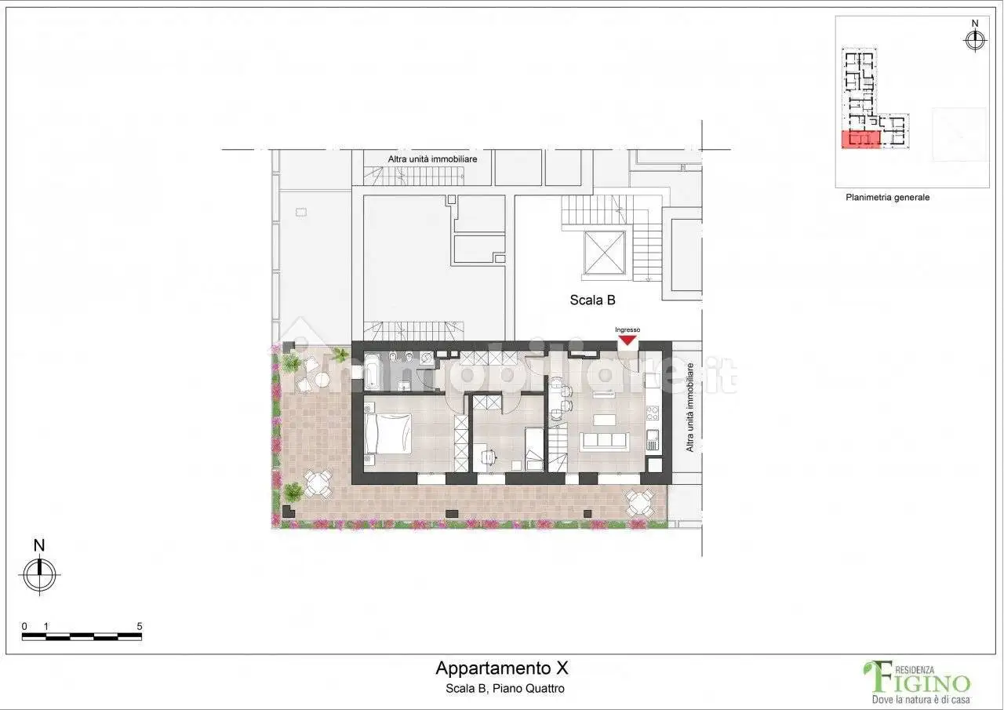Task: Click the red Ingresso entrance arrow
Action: (x=627, y=340)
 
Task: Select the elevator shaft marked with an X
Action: (x=604, y=253)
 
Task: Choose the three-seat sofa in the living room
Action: (x=604, y=441)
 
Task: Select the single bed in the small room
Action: (x=534, y=450)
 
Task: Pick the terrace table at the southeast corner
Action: (x=640, y=501)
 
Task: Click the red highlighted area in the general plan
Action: (x=860, y=140)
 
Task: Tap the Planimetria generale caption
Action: (x=887, y=198)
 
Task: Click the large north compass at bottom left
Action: (x=39, y=573)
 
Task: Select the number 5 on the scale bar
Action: (x=139, y=627)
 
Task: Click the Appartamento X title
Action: (x=501, y=668)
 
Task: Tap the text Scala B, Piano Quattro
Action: (x=502, y=689)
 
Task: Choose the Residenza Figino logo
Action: (x=916, y=680)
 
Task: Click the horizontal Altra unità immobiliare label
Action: (x=432, y=158)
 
